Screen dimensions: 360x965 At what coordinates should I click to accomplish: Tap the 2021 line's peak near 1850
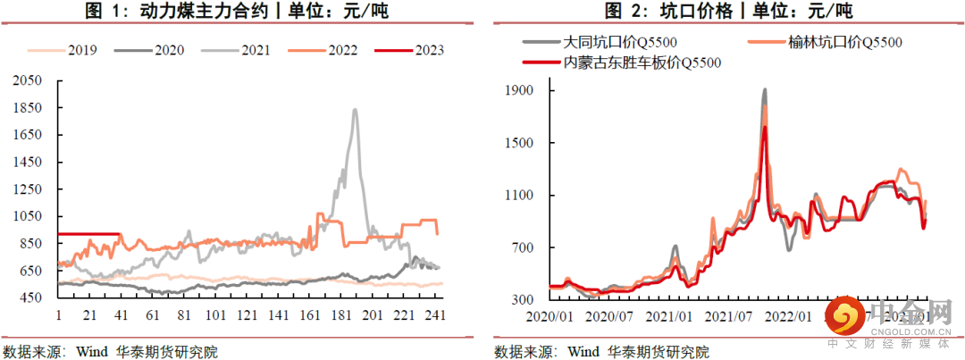pyautogui.click(x=355, y=110)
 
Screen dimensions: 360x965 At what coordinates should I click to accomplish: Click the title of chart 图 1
pyautogui.click(x=241, y=13)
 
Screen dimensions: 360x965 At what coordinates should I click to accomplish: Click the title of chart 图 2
pyautogui.click(x=728, y=13)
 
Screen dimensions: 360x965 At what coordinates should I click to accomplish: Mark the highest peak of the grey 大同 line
pyautogui.click(x=765, y=89)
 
